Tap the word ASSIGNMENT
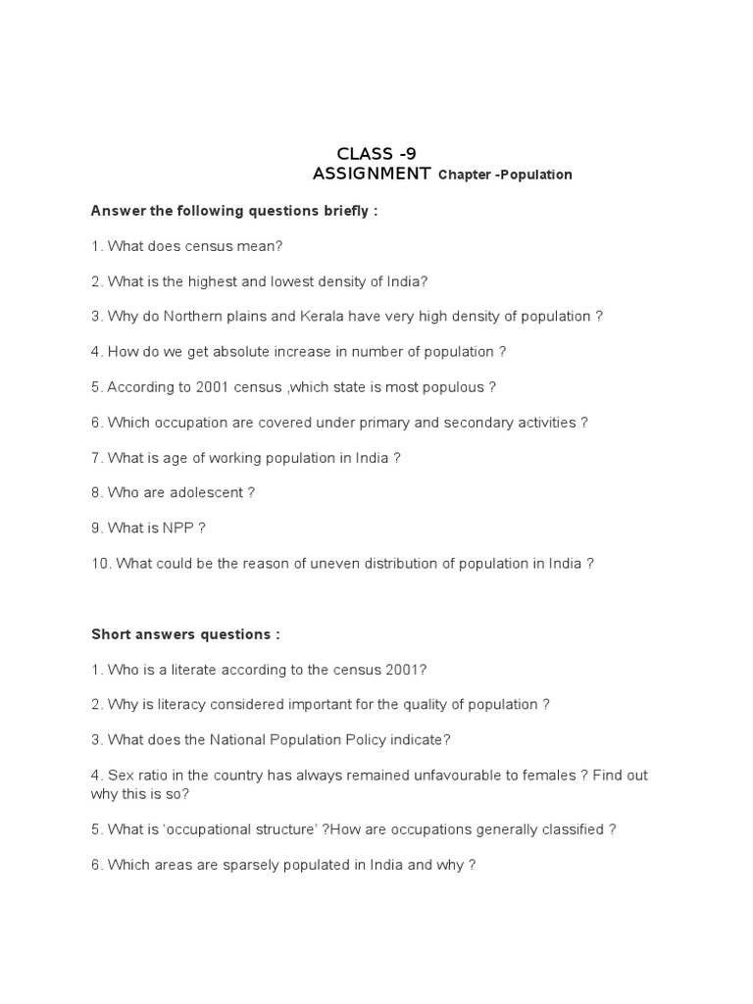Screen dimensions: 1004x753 click(371, 174)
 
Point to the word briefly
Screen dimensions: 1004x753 click(344, 211)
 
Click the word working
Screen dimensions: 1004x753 click(227, 458)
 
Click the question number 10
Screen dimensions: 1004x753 click(100, 564)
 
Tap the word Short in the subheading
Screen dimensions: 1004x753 click(111, 634)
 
